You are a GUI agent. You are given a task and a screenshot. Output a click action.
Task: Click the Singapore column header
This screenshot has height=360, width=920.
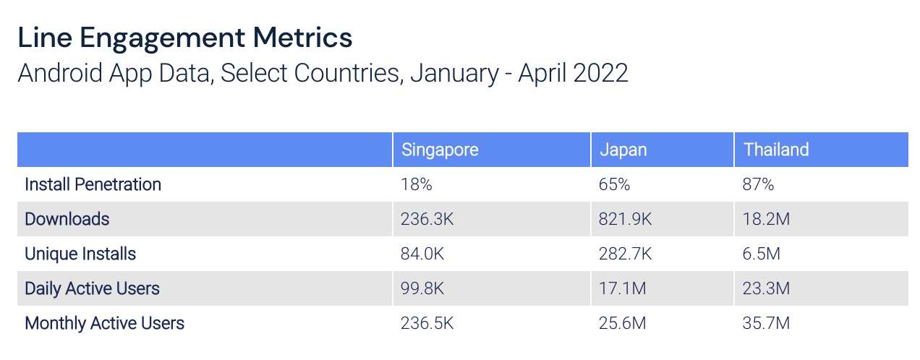coord(440,150)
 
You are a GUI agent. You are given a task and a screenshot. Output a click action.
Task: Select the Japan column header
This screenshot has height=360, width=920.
coord(623,150)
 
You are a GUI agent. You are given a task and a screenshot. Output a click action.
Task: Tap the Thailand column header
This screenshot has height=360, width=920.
coord(776,150)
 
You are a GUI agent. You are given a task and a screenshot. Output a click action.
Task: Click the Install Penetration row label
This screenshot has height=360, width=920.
coord(93,184)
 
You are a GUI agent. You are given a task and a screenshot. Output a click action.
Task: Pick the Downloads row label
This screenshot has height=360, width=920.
coord(67,219)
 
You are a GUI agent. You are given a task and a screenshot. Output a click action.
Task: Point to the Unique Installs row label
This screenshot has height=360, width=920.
coord(80,254)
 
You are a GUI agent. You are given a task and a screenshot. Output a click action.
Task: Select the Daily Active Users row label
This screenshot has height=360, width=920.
coord(92,288)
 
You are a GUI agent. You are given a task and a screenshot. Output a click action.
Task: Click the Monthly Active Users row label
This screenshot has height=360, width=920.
coord(104,323)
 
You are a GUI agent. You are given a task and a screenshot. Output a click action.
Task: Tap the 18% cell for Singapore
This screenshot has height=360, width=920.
coord(416,184)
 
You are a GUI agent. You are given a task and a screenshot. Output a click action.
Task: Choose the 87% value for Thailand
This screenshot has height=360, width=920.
coord(759,184)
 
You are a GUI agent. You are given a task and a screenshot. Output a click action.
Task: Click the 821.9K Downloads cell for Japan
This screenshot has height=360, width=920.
coord(625,219)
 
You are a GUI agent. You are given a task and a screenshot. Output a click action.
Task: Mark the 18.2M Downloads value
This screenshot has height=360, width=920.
coord(767,219)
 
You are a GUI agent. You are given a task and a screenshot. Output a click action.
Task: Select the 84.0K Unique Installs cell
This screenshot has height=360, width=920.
coord(422,254)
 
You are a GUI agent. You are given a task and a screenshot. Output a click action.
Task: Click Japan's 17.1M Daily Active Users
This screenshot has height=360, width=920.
coord(622,288)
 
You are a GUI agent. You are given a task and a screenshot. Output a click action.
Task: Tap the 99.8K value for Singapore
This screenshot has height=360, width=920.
coord(422,288)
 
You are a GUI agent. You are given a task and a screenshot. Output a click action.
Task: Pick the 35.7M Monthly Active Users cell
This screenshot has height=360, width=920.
coord(767,323)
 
